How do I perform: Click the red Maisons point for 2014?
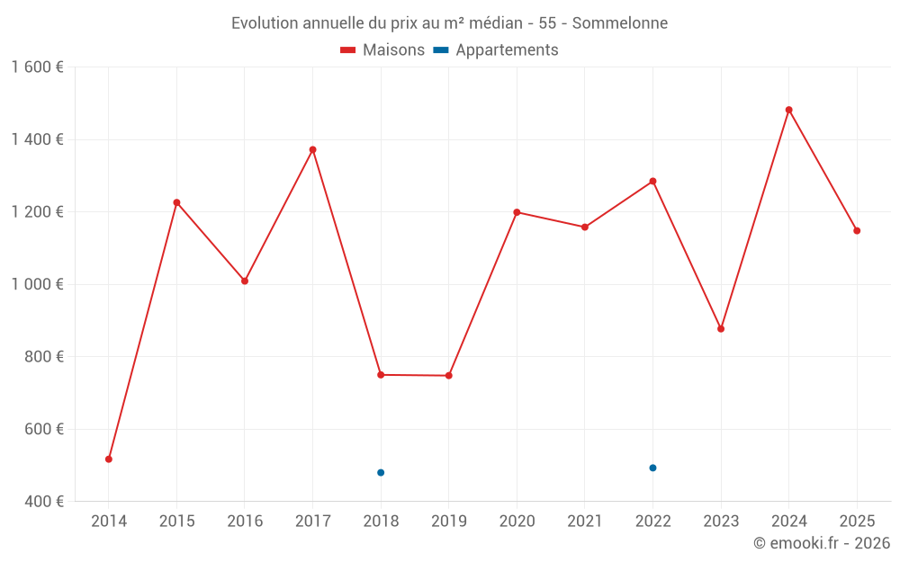(x=109, y=459)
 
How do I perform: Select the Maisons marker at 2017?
(x=312, y=149)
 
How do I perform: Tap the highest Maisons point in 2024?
(x=788, y=110)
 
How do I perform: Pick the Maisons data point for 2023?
(x=721, y=329)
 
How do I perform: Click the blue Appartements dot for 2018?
(x=381, y=473)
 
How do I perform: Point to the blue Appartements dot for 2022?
(x=652, y=468)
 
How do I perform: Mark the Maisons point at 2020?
(x=517, y=212)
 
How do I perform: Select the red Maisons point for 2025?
(x=857, y=231)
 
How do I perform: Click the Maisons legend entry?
(x=382, y=50)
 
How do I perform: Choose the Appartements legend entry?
(x=496, y=50)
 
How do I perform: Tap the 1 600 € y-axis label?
(x=37, y=67)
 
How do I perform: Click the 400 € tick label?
(x=43, y=502)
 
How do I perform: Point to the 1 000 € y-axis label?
(x=37, y=284)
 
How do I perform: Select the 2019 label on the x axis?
(x=448, y=522)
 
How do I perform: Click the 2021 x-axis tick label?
(x=584, y=522)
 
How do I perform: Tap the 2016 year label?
(x=245, y=522)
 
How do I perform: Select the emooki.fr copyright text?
(x=821, y=543)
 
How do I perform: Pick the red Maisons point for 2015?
(x=176, y=202)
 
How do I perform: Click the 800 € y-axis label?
(x=43, y=357)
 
